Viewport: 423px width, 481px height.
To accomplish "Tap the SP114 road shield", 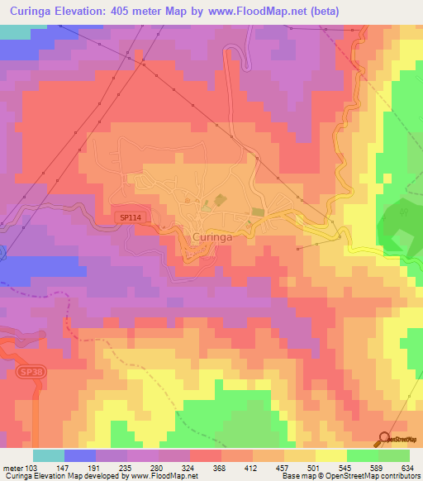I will [x=128, y=217].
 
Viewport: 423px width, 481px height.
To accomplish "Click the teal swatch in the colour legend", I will [x=49, y=455].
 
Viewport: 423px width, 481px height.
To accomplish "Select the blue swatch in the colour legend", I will [x=80, y=455].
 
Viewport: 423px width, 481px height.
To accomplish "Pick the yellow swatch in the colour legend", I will [x=331, y=455].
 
